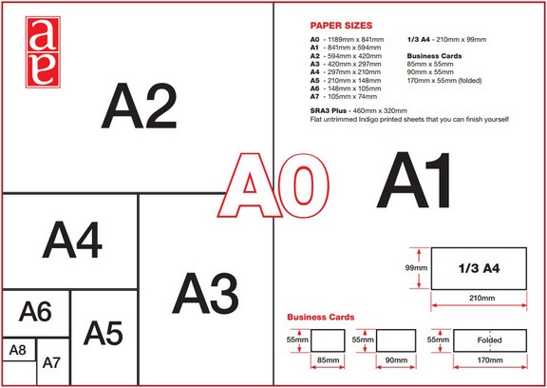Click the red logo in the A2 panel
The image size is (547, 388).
click(x=43, y=52)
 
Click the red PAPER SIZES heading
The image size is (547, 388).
click(x=341, y=26)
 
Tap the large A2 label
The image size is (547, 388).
click(x=140, y=106)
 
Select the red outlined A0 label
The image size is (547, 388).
click(x=273, y=185)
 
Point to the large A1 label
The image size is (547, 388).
click(x=414, y=180)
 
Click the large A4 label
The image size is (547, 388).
click(x=72, y=240)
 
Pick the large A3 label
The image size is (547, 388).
click(x=205, y=293)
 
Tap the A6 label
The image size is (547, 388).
click(x=35, y=312)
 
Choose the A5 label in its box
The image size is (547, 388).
click(x=104, y=333)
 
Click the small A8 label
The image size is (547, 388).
click(x=17, y=350)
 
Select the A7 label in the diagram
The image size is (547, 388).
click(x=51, y=363)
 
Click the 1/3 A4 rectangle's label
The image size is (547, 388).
click(x=479, y=268)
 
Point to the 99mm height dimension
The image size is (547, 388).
click(x=416, y=268)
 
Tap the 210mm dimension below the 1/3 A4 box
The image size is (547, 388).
click(x=481, y=298)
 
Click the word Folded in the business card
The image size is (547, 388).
click(x=489, y=339)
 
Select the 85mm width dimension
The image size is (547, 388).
click(x=328, y=359)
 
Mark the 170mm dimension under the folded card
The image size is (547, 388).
click(x=490, y=359)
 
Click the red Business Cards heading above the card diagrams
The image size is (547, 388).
click(x=321, y=317)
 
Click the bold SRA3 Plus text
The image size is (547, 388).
click(x=329, y=110)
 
